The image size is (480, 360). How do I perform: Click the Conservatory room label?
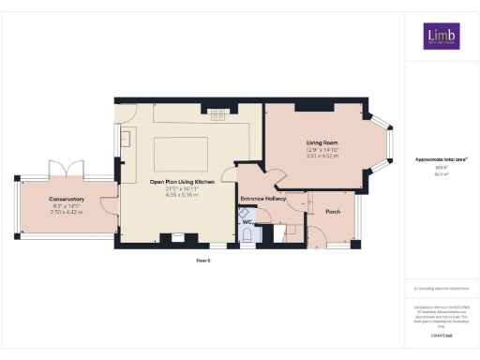click(x=67, y=199)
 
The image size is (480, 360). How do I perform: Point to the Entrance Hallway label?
click(x=263, y=199)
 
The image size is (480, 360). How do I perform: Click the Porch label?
click(x=333, y=212)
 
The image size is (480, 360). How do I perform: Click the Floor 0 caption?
click(x=202, y=259)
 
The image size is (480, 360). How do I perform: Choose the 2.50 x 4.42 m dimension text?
click(x=67, y=212)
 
